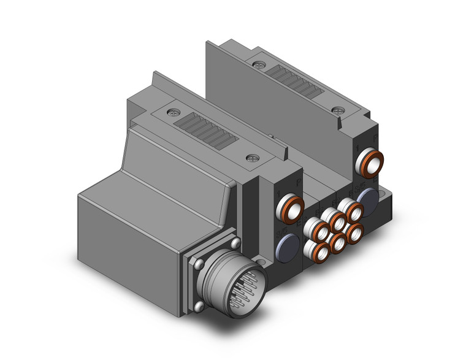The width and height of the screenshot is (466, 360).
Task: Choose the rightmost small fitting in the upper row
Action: [353, 210]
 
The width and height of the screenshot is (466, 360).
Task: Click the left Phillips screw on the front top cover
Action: [170, 112]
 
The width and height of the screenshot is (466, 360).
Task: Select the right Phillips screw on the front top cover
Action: [251, 159]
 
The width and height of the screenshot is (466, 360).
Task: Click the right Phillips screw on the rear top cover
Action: [336, 109]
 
